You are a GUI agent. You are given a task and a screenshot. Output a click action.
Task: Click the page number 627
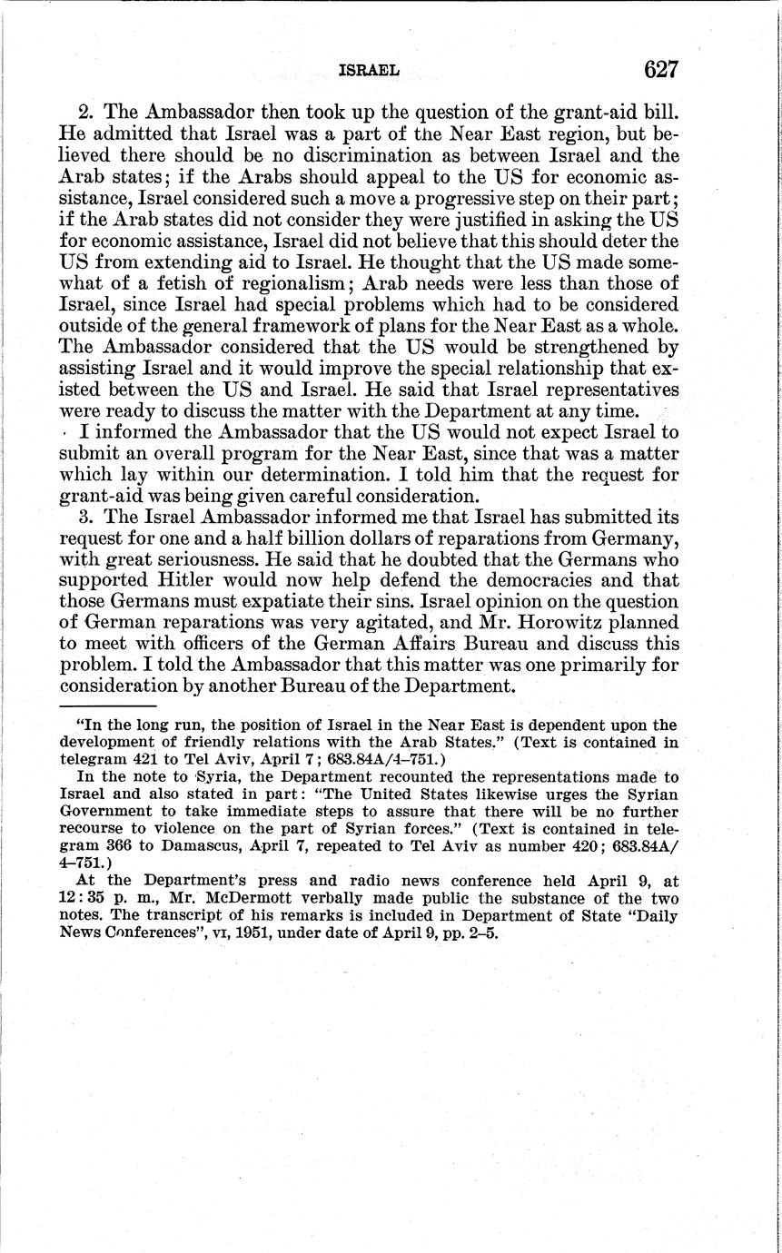tap(661, 69)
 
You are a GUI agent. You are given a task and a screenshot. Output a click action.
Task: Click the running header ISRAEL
tap(369, 70)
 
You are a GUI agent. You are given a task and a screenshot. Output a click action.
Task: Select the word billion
tap(258, 538)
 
